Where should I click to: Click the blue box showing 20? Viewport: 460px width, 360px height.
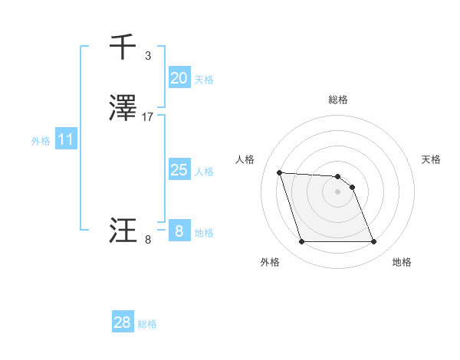179,78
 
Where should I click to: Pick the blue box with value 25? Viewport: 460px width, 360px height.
179,170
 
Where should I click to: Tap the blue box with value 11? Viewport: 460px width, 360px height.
65,139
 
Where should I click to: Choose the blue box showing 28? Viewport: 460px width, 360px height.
122,322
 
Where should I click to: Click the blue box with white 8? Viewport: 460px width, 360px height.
179,231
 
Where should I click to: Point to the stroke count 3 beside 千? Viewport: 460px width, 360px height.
148,56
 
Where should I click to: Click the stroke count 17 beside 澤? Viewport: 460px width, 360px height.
148,117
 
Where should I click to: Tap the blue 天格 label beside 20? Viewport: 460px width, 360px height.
204,80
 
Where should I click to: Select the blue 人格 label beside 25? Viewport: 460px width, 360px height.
204,172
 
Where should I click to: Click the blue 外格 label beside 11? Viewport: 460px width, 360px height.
40,141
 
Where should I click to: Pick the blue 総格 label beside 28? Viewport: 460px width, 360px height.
147,324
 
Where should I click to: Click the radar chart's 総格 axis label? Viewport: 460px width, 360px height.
338,100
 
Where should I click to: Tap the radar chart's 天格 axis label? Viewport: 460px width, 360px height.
431,159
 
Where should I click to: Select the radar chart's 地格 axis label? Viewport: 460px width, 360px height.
402,262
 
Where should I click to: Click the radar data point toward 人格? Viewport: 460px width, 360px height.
279,172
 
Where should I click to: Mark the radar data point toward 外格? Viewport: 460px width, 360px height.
301,242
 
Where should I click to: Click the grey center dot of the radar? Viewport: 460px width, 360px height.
338,191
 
